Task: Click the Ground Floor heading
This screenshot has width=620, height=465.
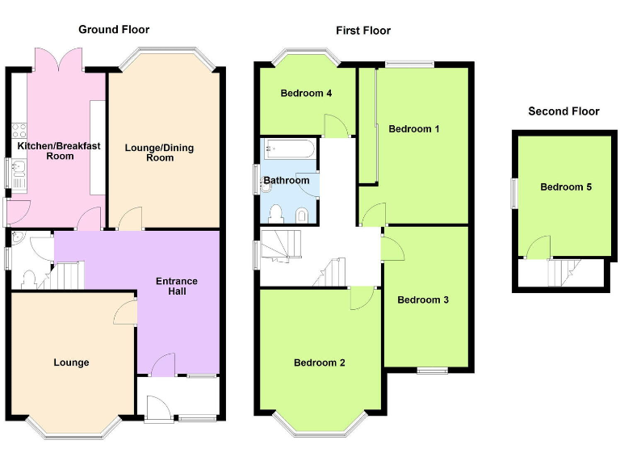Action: [x=114, y=30]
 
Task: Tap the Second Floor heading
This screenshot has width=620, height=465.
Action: [x=563, y=111]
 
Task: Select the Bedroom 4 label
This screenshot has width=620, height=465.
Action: [x=306, y=93]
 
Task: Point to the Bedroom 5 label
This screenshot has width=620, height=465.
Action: [x=566, y=187]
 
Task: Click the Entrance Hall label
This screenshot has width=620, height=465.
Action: [x=177, y=286]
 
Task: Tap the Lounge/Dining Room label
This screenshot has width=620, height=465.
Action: [x=160, y=153]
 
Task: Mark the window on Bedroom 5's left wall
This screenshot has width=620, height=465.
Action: [x=513, y=194]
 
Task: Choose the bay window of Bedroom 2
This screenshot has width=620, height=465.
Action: [x=320, y=425]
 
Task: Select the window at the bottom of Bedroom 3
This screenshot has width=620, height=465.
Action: [x=431, y=370]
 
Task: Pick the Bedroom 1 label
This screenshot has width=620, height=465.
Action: [x=414, y=128]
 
